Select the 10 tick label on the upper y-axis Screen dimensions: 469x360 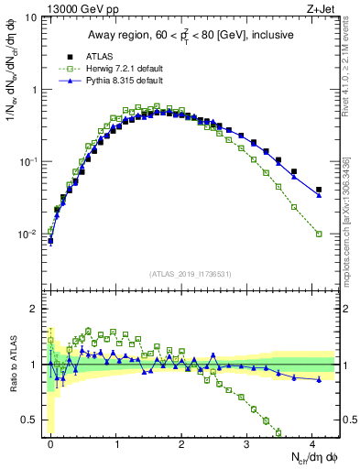[30, 18]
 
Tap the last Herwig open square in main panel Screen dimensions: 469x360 [319, 234]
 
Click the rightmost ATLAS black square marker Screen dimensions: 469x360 [319, 190]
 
